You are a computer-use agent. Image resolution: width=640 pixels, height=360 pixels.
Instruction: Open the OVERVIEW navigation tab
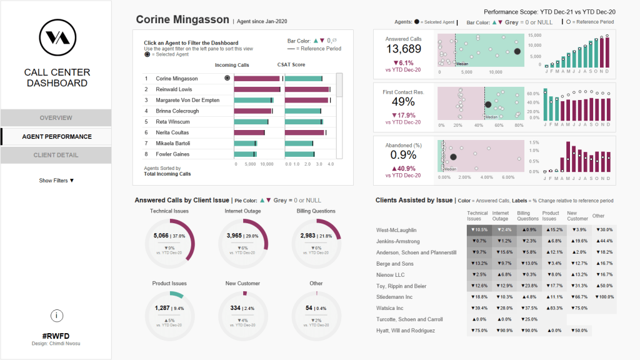click(x=56, y=117)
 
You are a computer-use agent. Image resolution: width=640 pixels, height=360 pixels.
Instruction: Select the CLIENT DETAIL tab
click(x=56, y=155)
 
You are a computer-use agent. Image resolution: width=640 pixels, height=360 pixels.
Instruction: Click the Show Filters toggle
click(x=56, y=181)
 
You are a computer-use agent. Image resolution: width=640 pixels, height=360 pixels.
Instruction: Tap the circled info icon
click(x=56, y=316)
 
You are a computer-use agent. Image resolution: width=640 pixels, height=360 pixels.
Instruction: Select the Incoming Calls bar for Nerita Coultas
click(x=249, y=132)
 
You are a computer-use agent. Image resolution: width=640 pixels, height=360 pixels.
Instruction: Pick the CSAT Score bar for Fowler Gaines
click(x=299, y=154)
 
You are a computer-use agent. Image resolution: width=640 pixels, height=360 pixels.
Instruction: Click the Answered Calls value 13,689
click(x=403, y=49)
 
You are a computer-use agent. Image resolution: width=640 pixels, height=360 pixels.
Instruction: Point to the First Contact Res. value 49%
click(x=403, y=102)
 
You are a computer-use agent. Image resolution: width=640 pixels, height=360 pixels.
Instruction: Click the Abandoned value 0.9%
click(x=403, y=154)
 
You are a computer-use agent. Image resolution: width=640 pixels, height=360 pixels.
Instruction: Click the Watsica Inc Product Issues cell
click(x=554, y=308)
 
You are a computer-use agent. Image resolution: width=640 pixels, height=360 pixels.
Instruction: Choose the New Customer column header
click(x=577, y=216)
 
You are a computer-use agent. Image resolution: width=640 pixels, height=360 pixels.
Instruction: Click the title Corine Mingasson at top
click(x=182, y=19)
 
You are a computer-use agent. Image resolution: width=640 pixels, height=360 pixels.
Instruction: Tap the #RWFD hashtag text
click(x=56, y=336)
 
